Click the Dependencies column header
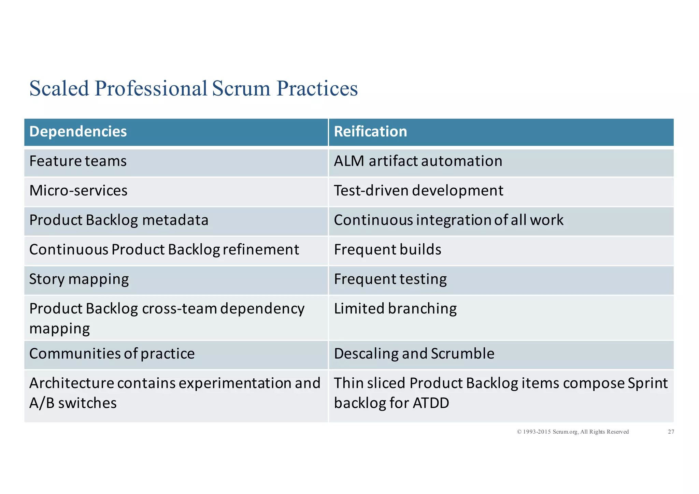(x=78, y=132)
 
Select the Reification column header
(x=370, y=132)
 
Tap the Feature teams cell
(x=78, y=161)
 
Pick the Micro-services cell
(x=78, y=190)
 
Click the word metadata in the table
(x=175, y=220)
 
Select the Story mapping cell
(x=79, y=279)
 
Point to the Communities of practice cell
(x=112, y=353)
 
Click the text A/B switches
(x=73, y=403)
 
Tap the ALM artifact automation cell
(x=418, y=161)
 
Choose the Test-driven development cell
(x=418, y=190)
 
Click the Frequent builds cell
(x=387, y=249)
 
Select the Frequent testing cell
(x=390, y=279)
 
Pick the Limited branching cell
(x=395, y=308)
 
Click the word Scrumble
(x=462, y=353)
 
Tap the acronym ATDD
(x=431, y=403)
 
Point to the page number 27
(x=671, y=432)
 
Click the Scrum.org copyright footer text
(x=573, y=432)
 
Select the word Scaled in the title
(x=59, y=88)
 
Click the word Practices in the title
(x=317, y=88)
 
